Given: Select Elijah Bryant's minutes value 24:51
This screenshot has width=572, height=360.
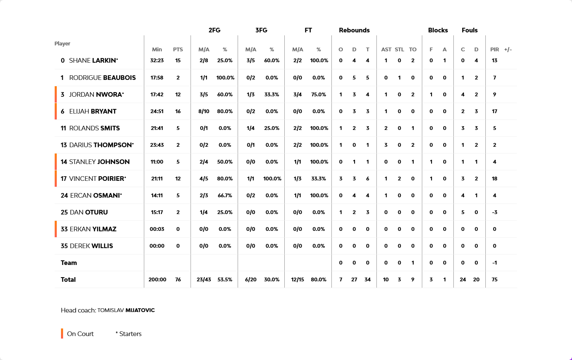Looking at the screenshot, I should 157,111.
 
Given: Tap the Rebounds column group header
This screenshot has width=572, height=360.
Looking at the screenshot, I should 354,30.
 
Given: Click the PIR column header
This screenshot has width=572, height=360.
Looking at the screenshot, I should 495,50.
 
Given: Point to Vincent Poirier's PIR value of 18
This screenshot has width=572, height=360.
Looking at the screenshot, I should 495,179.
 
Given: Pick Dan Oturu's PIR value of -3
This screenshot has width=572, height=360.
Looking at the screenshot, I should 495,212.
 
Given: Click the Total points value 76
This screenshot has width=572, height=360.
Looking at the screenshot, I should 178,280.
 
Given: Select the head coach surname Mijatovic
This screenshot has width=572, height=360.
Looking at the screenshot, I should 140,310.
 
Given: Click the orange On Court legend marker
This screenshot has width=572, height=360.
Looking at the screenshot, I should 62,334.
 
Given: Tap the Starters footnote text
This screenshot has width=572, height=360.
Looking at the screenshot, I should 129,334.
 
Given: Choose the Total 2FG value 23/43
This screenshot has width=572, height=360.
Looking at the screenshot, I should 204,280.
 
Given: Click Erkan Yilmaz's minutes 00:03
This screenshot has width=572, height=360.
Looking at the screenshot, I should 157,229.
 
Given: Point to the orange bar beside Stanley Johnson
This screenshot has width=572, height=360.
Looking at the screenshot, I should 56,162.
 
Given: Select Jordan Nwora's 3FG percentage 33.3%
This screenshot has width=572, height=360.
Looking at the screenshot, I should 272,95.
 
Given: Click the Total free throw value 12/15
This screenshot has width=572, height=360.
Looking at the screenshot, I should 298,280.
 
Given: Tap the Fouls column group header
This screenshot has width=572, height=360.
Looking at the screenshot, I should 469,30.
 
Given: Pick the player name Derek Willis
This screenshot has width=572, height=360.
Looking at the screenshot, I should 87,246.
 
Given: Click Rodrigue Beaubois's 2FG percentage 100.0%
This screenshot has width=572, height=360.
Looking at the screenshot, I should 225,78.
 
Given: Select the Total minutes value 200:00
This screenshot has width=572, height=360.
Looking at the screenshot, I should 157,280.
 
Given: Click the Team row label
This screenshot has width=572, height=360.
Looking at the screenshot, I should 69,263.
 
